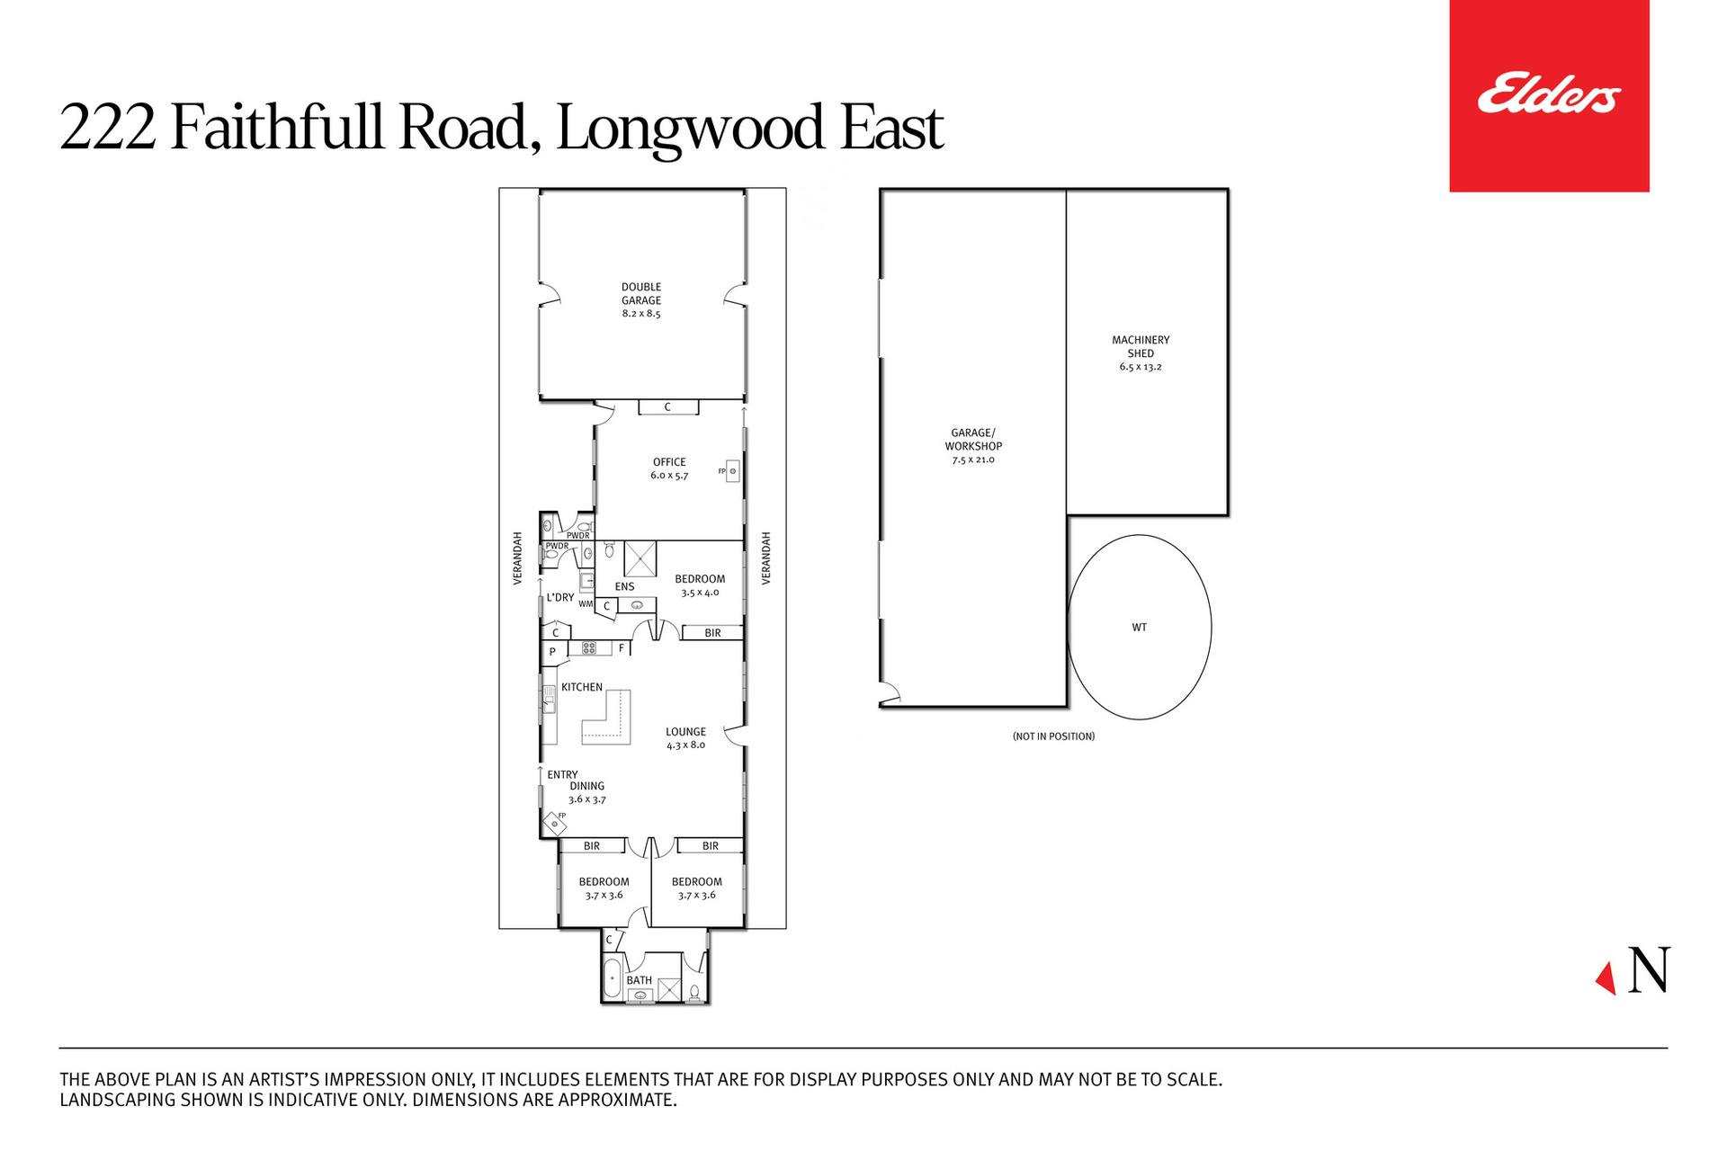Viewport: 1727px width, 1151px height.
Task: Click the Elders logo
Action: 1549,95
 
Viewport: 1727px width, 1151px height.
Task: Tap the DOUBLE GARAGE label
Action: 641,300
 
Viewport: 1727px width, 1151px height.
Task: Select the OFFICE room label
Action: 669,468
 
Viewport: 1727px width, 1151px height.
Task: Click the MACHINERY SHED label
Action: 1141,353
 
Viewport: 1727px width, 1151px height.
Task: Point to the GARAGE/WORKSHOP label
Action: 973,446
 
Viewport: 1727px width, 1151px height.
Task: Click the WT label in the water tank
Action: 1140,628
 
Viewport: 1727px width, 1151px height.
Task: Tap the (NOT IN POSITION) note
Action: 1053,736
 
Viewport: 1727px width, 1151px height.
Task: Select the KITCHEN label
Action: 582,687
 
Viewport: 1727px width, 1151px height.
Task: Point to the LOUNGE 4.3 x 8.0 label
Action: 685,738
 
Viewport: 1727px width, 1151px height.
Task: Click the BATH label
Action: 640,980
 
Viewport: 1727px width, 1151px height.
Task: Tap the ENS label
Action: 624,587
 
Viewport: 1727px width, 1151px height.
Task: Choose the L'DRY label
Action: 561,597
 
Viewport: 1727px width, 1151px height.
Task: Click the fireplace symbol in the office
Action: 732,470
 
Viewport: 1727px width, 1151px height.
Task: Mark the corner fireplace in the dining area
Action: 554,823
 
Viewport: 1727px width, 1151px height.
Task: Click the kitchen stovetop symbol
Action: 590,647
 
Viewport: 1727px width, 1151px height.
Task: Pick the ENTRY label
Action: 563,774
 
